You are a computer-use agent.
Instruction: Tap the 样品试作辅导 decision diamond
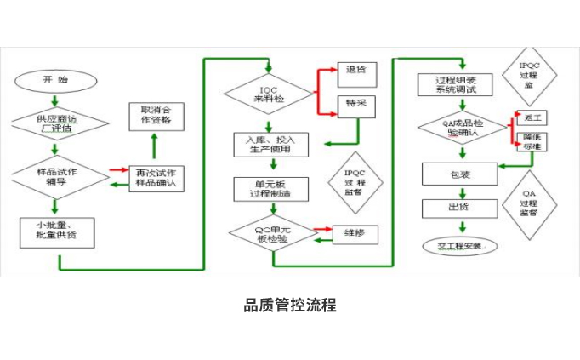(55, 174)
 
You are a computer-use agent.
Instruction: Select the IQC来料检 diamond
(269, 94)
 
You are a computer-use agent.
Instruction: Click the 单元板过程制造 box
(269, 189)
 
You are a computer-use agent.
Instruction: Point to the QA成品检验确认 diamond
(462, 127)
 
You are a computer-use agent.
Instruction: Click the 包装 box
(459, 174)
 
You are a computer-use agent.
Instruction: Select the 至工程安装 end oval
(459, 246)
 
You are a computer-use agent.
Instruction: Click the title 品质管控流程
(290, 306)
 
